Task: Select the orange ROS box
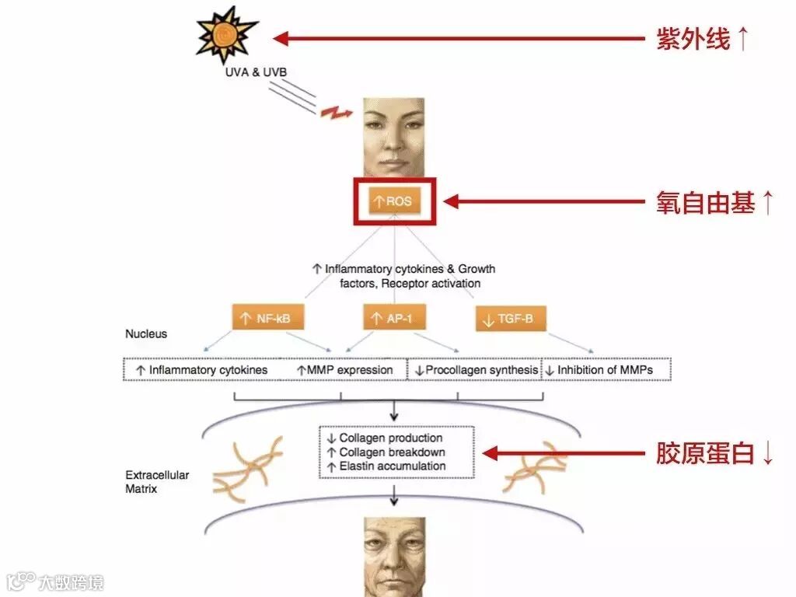pos(394,202)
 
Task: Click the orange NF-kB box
pos(267,318)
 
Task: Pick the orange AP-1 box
pos(394,318)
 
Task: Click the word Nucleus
pos(146,334)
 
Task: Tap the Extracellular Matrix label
pos(157,482)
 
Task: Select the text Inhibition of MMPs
pos(605,370)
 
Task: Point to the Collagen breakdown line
pos(396,452)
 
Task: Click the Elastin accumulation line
pos(396,466)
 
